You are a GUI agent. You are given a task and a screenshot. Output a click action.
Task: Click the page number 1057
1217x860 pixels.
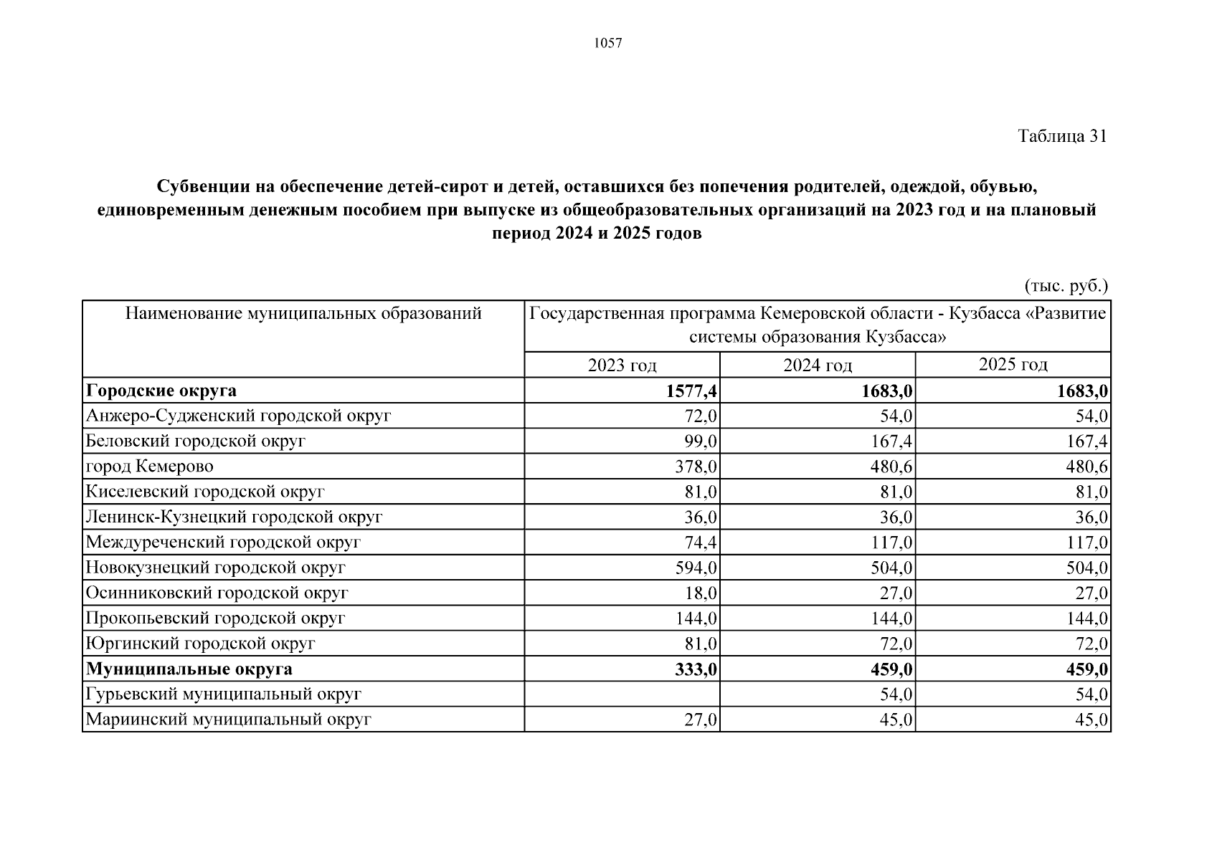(608, 44)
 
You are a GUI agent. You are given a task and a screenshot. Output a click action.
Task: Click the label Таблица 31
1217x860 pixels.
(1061, 136)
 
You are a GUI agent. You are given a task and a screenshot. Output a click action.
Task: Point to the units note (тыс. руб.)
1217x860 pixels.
(1066, 286)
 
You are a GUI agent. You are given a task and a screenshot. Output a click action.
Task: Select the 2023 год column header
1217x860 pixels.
(622, 365)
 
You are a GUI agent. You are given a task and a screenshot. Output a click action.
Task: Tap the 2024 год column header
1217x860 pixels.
(818, 365)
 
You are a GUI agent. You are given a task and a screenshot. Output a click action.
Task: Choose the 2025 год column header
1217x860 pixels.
(1013, 364)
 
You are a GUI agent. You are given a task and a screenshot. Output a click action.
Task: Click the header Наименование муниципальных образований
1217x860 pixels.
(303, 314)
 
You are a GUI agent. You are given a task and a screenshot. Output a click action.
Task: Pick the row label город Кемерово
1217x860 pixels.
(149, 467)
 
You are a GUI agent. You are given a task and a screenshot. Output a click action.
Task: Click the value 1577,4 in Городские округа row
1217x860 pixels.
(691, 391)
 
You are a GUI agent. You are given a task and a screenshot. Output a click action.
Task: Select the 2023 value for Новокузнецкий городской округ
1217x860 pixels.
(696, 568)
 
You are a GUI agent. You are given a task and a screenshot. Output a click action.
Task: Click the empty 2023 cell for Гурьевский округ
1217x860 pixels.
(622, 694)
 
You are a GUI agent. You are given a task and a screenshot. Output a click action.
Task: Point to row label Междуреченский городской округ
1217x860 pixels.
(222, 543)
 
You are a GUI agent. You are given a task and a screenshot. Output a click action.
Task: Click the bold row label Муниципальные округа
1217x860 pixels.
(189, 669)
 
